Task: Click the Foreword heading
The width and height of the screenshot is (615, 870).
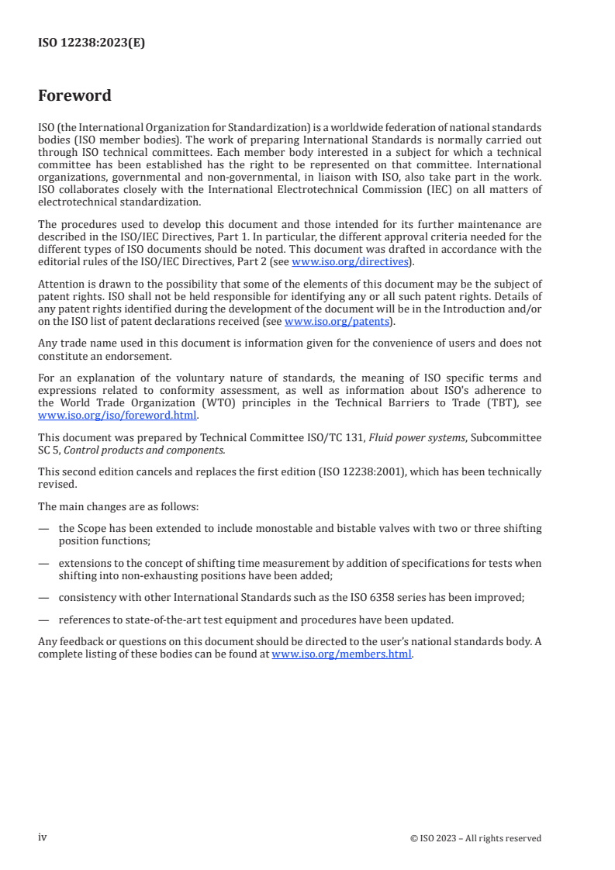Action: [x=74, y=96]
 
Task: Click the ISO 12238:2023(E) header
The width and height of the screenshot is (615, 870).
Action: [x=92, y=43]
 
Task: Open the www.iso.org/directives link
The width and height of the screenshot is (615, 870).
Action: [x=350, y=262]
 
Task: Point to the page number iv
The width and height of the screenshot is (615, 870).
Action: [x=43, y=837]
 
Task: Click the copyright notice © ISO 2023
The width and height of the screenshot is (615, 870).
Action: [x=475, y=838]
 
